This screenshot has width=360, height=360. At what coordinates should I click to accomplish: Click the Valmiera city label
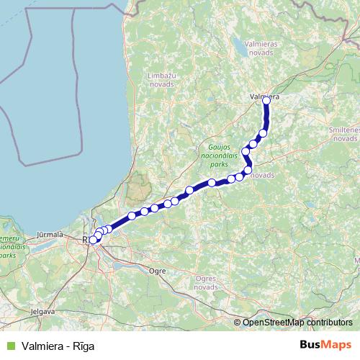click(264, 95)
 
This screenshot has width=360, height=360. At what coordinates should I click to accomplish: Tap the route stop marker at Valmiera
click(266, 101)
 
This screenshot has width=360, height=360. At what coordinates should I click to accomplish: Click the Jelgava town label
click(42, 312)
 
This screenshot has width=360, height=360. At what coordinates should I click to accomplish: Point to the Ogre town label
click(156, 271)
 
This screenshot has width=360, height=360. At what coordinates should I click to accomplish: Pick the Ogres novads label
click(206, 282)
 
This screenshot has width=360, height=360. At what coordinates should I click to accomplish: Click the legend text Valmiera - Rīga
click(58, 345)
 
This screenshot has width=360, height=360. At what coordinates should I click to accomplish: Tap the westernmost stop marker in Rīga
click(92, 240)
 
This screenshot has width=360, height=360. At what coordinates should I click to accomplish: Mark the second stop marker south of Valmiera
click(253, 144)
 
